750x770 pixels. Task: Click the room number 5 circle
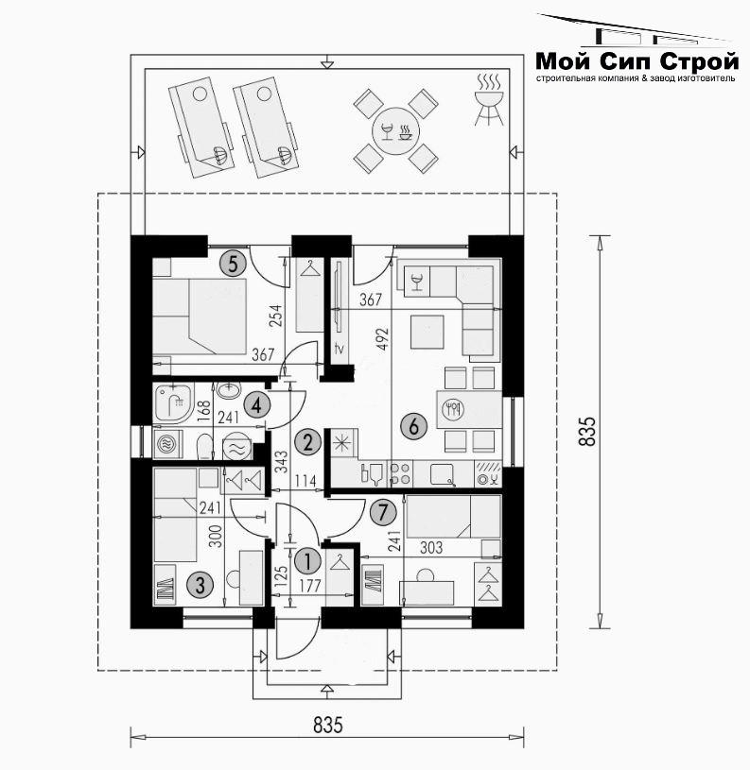pyautogui.click(x=233, y=264)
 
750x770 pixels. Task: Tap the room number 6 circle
pyautogui.click(x=414, y=426)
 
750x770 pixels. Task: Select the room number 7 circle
pyautogui.click(x=383, y=513)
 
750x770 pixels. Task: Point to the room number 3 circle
pyautogui.click(x=200, y=585)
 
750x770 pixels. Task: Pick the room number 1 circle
pyautogui.click(x=307, y=561)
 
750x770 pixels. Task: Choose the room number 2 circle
pyautogui.click(x=307, y=442)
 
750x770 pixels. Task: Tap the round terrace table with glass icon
pyautogui.click(x=395, y=130)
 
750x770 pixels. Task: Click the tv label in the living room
pyautogui.click(x=340, y=349)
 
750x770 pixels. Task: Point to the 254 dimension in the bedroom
pyautogui.click(x=276, y=317)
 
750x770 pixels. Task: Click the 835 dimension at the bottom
pyautogui.click(x=327, y=725)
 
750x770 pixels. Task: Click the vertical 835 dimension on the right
pyautogui.click(x=587, y=432)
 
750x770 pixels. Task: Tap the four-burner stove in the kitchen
pyautogui.click(x=399, y=473)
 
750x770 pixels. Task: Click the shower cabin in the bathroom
pyautogui.click(x=173, y=403)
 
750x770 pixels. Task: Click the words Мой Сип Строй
pyautogui.click(x=637, y=61)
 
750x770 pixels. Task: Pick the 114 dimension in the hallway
pyautogui.click(x=305, y=481)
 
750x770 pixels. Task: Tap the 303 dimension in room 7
pyautogui.click(x=431, y=548)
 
